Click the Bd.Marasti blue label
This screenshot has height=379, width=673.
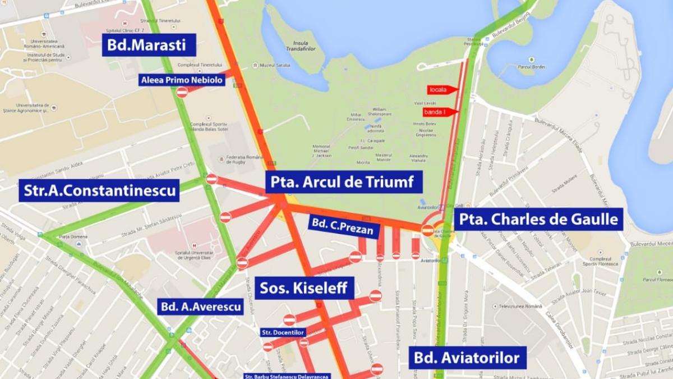(x=149, y=44)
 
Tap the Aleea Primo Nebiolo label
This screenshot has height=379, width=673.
(x=182, y=80)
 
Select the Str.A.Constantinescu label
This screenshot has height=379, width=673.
(x=100, y=190)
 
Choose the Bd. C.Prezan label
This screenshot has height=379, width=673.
(x=342, y=229)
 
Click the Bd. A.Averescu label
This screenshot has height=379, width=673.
(x=200, y=307)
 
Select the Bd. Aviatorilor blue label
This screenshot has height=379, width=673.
(x=467, y=357)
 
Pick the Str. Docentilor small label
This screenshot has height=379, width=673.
(x=283, y=332)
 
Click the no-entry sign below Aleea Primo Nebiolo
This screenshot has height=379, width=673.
(x=182, y=92)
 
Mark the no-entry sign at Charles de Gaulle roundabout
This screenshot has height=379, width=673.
(x=427, y=230)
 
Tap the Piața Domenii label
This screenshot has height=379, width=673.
(x=71, y=236)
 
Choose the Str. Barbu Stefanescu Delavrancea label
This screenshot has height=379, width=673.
(x=287, y=376)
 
